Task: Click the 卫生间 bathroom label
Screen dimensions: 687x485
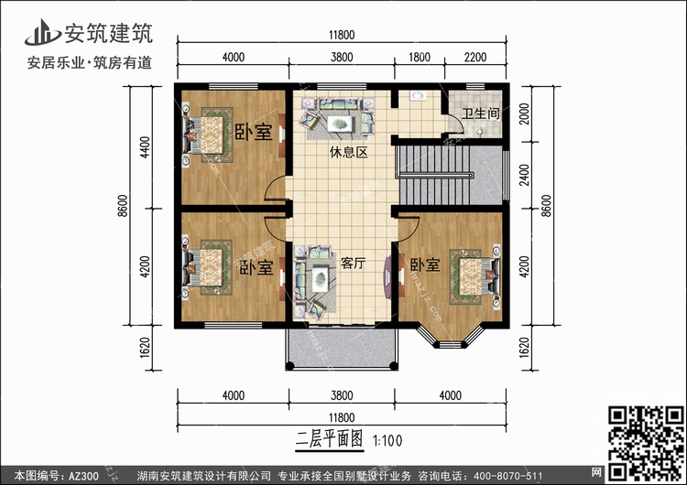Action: tap(481, 113)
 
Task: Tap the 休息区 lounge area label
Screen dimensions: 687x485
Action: tap(349, 152)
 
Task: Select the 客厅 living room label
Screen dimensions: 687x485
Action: tap(354, 263)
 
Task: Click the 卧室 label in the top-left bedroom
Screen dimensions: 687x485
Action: tap(254, 132)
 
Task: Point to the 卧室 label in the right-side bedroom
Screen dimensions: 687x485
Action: tap(425, 264)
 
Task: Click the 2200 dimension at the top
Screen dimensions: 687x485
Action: tap(475, 58)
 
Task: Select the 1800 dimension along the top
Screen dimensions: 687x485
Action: tap(420, 58)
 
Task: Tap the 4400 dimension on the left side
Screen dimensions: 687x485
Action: tap(145, 147)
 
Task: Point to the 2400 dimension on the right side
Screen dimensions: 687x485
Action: tap(524, 175)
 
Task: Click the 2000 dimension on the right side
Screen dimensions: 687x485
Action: tap(524, 113)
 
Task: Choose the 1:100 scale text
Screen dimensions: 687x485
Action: tap(387, 440)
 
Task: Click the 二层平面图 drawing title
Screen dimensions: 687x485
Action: tap(330, 439)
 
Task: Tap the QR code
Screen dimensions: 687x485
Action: tap(646, 443)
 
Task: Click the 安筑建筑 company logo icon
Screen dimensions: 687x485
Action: tap(42, 32)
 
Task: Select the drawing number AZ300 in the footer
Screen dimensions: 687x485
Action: tap(83, 476)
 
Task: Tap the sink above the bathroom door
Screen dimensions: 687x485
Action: tap(418, 95)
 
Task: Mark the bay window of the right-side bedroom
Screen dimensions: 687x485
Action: tap(450, 337)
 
